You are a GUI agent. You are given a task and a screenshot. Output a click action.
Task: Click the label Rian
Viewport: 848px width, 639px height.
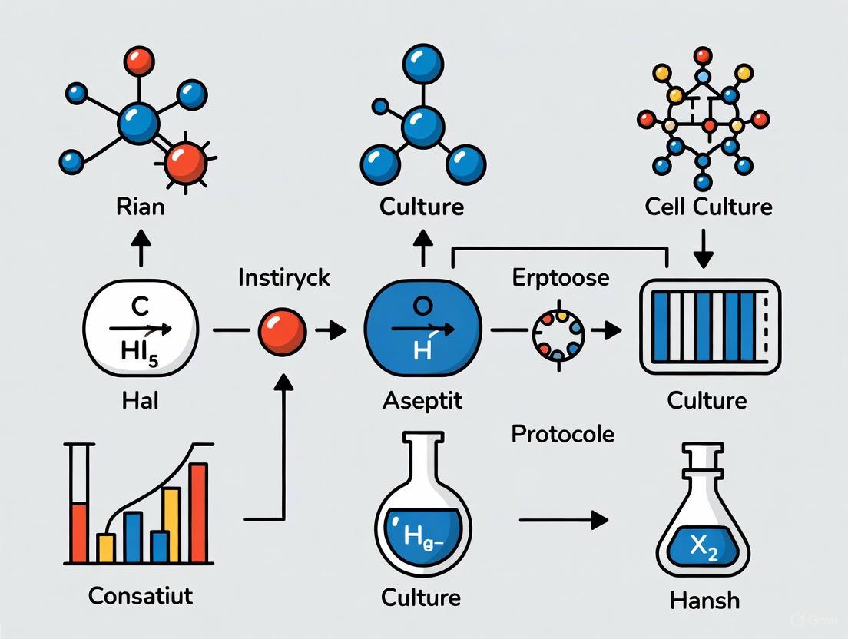pyautogui.click(x=141, y=207)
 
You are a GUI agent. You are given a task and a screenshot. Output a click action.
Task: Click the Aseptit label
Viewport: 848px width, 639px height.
pyautogui.click(x=423, y=400)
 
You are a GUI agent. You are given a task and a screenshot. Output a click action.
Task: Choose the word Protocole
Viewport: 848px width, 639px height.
pyautogui.click(x=562, y=434)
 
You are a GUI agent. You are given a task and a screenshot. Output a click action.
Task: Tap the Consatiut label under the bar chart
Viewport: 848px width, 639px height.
pyautogui.click(x=141, y=595)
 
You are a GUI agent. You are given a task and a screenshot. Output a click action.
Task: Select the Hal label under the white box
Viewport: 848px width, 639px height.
pyautogui.click(x=141, y=400)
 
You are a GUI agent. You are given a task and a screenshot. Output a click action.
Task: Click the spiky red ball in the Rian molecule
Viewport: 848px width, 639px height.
pyautogui.click(x=186, y=162)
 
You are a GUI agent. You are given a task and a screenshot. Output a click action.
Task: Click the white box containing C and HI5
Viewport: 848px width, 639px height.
pyautogui.click(x=141, y=331)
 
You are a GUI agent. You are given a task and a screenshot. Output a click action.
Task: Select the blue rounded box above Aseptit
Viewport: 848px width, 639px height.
pyautogui.click(x=423, y=331)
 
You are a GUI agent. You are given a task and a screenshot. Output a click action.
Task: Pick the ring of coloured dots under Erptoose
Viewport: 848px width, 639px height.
pyautogui.click(x=558, y=332)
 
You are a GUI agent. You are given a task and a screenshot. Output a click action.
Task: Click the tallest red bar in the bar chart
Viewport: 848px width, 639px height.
pyautogui.click(x=198, y=512)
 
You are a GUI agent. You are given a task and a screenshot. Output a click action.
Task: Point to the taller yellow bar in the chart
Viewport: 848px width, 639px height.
pyautogui.click(x=171, y=525)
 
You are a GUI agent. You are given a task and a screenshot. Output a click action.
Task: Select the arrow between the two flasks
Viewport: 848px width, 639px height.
pyautogui.click(x=564, y=521)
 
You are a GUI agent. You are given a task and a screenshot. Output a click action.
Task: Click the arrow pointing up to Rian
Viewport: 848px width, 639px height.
pyautogui.click(x=141, y=247)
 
